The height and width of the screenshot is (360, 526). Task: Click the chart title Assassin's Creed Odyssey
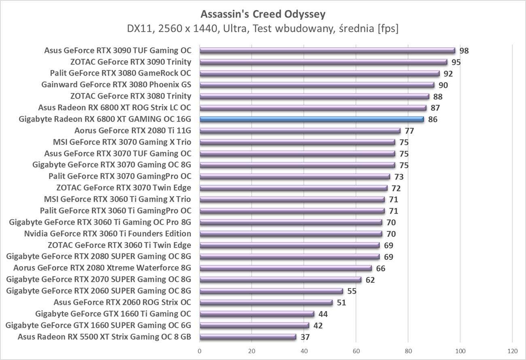[263, 15]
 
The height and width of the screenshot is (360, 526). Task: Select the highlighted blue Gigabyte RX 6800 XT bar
[312, 119]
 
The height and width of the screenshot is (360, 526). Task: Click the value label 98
[464, 51]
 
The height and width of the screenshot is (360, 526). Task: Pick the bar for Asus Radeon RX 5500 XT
[248, 337]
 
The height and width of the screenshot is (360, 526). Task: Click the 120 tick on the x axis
[512, 350]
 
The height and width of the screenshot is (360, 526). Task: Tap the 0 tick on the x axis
[199, 350]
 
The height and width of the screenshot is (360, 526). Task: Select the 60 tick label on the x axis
[356, 350]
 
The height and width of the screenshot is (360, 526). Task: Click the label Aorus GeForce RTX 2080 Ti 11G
[133, 131]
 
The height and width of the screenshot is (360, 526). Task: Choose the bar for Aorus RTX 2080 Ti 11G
[300, 131]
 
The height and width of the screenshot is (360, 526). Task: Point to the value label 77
[409, 131]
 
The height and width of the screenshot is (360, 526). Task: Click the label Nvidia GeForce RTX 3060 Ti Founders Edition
[108, 233]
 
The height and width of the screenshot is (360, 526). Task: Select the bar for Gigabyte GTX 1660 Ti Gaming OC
[257, 313]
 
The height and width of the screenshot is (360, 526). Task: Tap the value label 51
[341, 303]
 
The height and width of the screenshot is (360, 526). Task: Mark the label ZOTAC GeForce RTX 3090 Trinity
[131, 62]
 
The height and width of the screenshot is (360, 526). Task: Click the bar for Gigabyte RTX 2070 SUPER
[280, 279]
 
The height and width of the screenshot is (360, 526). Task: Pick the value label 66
[380, 268]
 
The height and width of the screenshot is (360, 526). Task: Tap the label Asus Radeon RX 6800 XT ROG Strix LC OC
[115, 108]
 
